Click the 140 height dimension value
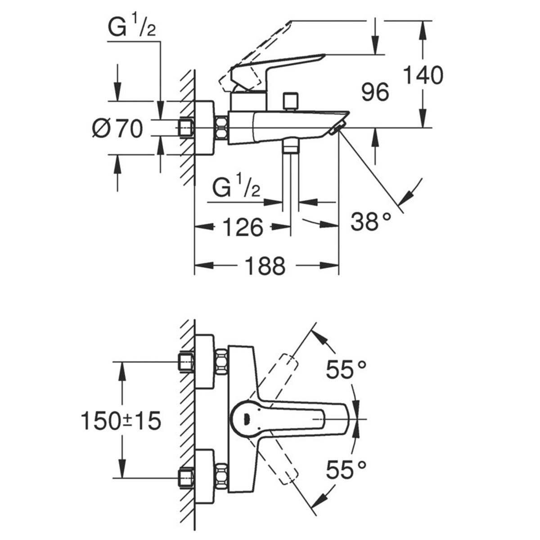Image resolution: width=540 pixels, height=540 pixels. [423, 75]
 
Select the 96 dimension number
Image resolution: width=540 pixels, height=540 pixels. [375, 92]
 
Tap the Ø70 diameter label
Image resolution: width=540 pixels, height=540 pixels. [117, 128]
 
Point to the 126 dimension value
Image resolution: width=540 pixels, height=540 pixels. [243, 227]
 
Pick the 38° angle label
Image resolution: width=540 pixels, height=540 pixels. [371, 222]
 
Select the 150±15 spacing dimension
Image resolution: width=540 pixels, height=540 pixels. [121, 421]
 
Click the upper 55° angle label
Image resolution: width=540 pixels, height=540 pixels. [346, 370]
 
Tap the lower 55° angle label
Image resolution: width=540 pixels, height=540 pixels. [346, 470]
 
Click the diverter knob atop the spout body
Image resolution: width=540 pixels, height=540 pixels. [291, 101]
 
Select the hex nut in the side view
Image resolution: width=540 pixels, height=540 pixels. [221, 128]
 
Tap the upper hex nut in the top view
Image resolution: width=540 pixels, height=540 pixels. [221, 360]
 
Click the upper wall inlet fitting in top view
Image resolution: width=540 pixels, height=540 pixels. [186, 361]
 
